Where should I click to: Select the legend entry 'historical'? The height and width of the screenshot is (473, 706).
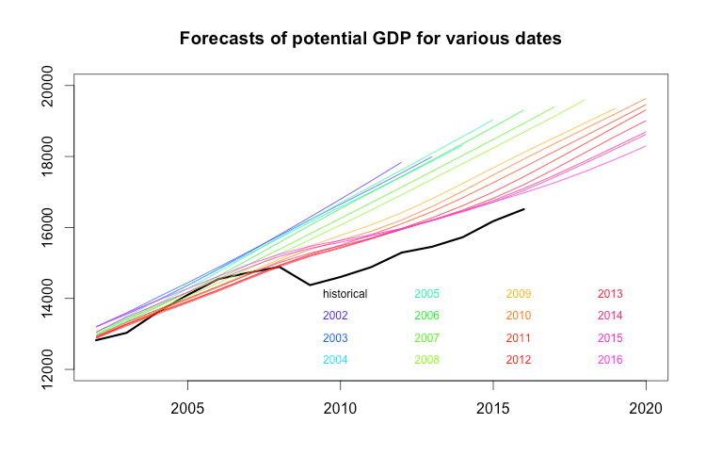point(340,294)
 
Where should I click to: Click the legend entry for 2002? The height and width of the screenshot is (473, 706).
point(335,316)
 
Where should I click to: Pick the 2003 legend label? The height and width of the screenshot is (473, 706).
point(335,337)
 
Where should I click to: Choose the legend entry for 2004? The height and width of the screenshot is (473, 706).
point(335,359)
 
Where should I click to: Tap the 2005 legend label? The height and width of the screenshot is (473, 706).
point(427,294)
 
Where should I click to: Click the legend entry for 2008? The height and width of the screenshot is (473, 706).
point(427,359)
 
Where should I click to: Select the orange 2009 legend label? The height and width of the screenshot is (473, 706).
point(520,294)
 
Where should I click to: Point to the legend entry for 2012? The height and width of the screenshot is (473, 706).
point(520,359)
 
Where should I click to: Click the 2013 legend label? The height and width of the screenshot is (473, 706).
point(610,294)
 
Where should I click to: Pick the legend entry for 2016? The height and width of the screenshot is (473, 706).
point(610,359)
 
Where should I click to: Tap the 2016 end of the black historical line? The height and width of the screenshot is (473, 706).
point(523,209)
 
